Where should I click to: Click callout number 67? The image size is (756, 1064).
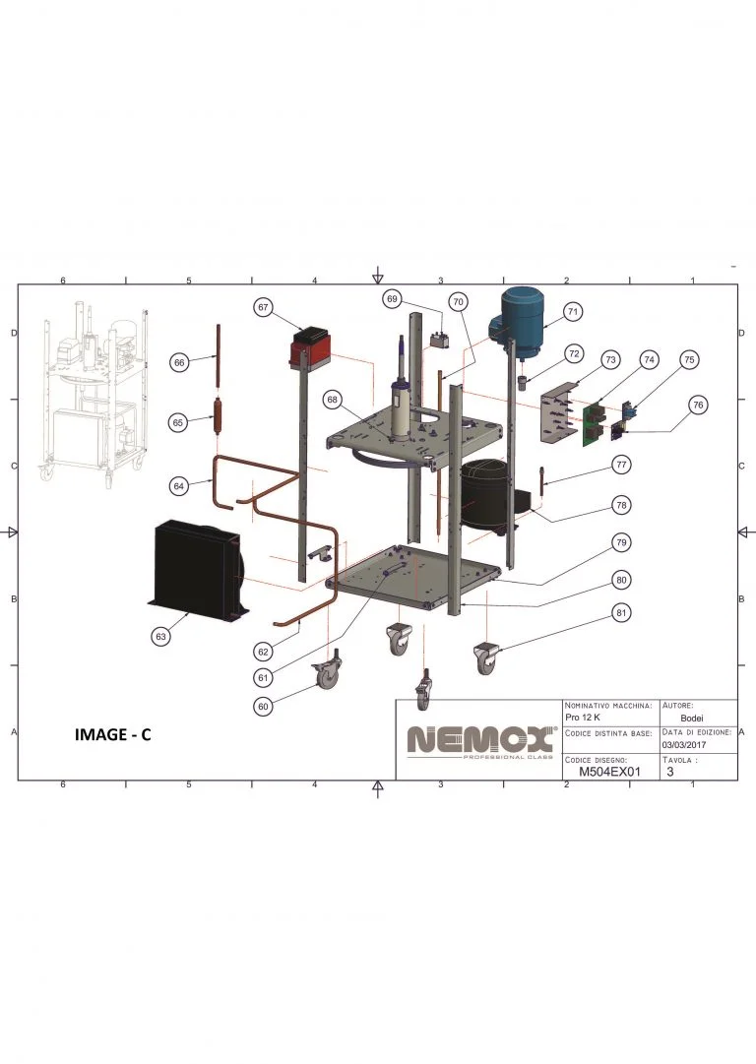coord(263,307)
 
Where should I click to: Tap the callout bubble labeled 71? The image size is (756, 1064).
coord(573,311)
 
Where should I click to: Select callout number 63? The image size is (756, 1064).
coord(160,636)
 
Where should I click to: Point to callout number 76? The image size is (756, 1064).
coord(697,406)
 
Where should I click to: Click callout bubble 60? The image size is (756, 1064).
coord(263,706)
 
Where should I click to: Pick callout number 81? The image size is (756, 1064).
coord(621,613)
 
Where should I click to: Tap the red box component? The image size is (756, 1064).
coord(309,348)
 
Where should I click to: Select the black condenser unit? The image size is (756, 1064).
coord(197,570)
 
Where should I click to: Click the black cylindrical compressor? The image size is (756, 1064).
coord(483,494)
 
